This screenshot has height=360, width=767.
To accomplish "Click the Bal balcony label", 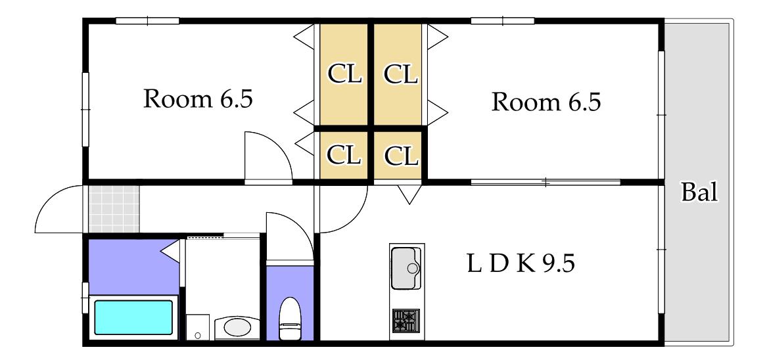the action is pos(699,192).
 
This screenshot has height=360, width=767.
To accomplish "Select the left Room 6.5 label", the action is pos(198,99).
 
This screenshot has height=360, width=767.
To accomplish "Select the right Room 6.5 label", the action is pos(546,102).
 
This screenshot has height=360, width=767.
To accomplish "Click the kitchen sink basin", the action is pos(406,268).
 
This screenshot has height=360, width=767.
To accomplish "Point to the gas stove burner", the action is pos(406,321).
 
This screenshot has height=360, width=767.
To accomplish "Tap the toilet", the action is pos(291,319).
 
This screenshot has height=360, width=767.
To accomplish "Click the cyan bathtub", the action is pos(133,317).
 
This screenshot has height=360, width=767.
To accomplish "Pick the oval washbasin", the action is pos(237,327).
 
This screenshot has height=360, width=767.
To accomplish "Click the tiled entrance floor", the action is pos(114,209).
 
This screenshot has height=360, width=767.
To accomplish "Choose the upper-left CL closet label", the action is pos(344,75).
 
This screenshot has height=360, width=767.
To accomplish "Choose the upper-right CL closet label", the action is pos(401,75).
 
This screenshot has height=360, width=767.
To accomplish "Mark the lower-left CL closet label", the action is pos(343,156).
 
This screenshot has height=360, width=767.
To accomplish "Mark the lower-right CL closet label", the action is pos(401,156).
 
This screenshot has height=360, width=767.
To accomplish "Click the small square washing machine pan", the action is pos(198,326).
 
